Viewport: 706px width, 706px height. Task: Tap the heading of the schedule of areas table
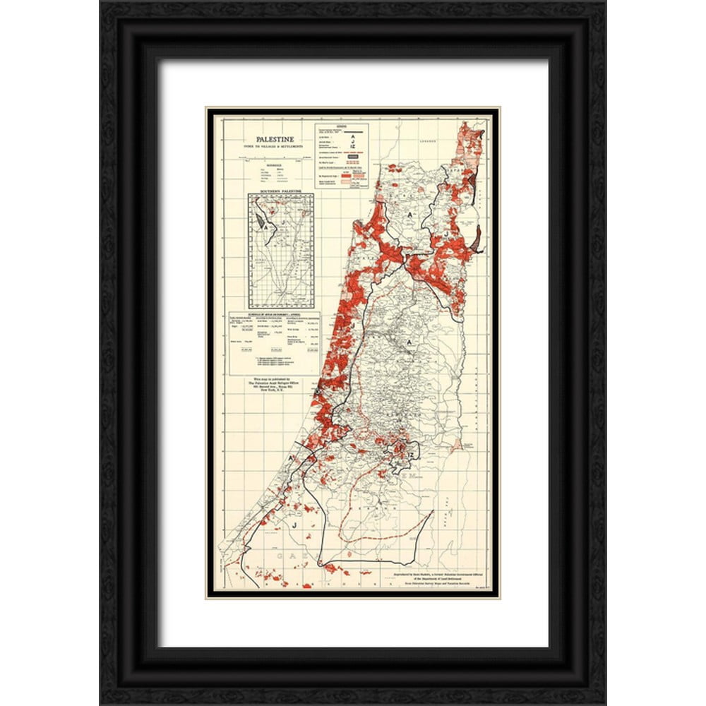tap(274, 315)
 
